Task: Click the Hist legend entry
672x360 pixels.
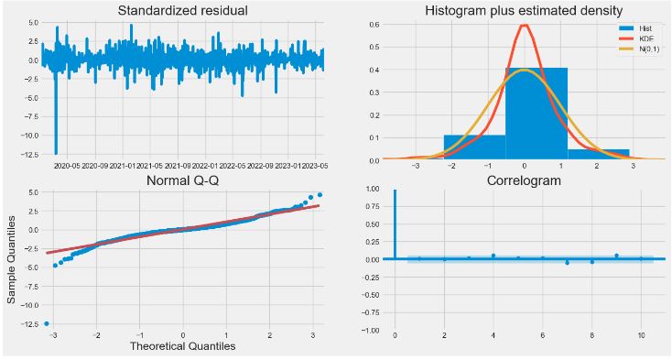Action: click(636, 29)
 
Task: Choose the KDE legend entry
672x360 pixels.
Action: click(636, 38)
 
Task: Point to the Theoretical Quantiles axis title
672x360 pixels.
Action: click(182, 346)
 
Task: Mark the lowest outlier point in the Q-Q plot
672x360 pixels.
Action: click(47, 323)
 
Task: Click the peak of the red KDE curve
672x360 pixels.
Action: click(524, 25)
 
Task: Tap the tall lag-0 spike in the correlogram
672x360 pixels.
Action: click(395, 224)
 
